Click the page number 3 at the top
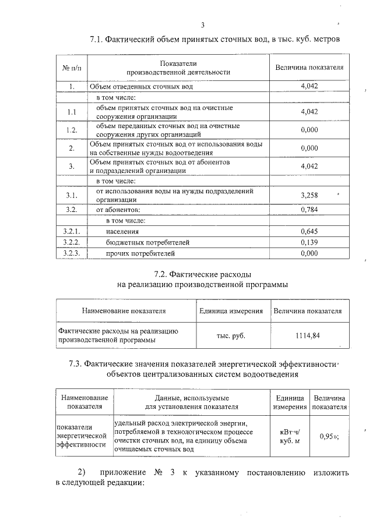tap(202, 24)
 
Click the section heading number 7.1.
tap(97, 40)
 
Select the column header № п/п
tap(71, 68)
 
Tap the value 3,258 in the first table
tap(309, 194)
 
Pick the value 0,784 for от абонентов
tap(309, 209)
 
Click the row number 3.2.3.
tap(71, 253)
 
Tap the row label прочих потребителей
tap(140, 253)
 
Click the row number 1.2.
tap(71, 129)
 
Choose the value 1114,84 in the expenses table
tap(307, 335)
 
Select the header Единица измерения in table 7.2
tap(231, 311)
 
